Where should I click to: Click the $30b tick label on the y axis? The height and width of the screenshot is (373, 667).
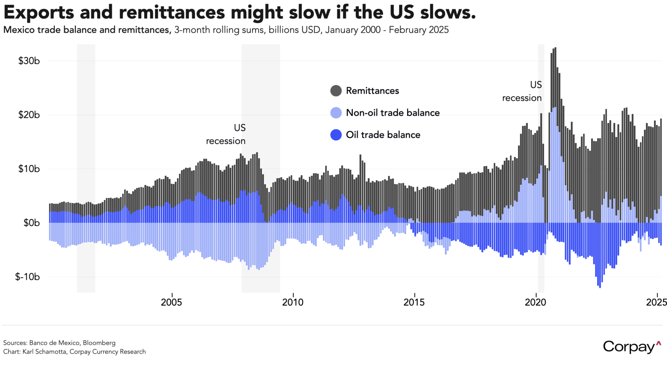[29, 61]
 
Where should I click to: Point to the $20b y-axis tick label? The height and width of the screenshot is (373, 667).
[29, 115]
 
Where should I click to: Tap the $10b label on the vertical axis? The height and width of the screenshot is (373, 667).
[29, 169]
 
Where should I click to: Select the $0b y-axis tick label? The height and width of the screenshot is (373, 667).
[31, 223]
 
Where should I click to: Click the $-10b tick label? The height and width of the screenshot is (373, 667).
[27, 277]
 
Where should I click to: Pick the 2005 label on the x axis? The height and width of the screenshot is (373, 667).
[171, 303]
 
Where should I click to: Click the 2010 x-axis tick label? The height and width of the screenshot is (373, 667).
[293, 303]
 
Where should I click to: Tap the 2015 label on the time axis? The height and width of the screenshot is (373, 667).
[414, 303]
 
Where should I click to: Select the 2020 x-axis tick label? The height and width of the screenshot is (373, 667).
[536, 303]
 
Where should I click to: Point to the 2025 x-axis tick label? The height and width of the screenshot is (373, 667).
[656, 303]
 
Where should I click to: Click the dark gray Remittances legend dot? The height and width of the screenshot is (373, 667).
[336, 91]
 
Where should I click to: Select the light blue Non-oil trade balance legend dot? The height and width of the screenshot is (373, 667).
[336, 113]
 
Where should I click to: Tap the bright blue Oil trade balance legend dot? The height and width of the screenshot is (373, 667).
[336, 135]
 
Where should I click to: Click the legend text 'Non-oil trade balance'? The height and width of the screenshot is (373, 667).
[393, 113]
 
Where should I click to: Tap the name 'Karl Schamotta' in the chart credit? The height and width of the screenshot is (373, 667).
[45, 352]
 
